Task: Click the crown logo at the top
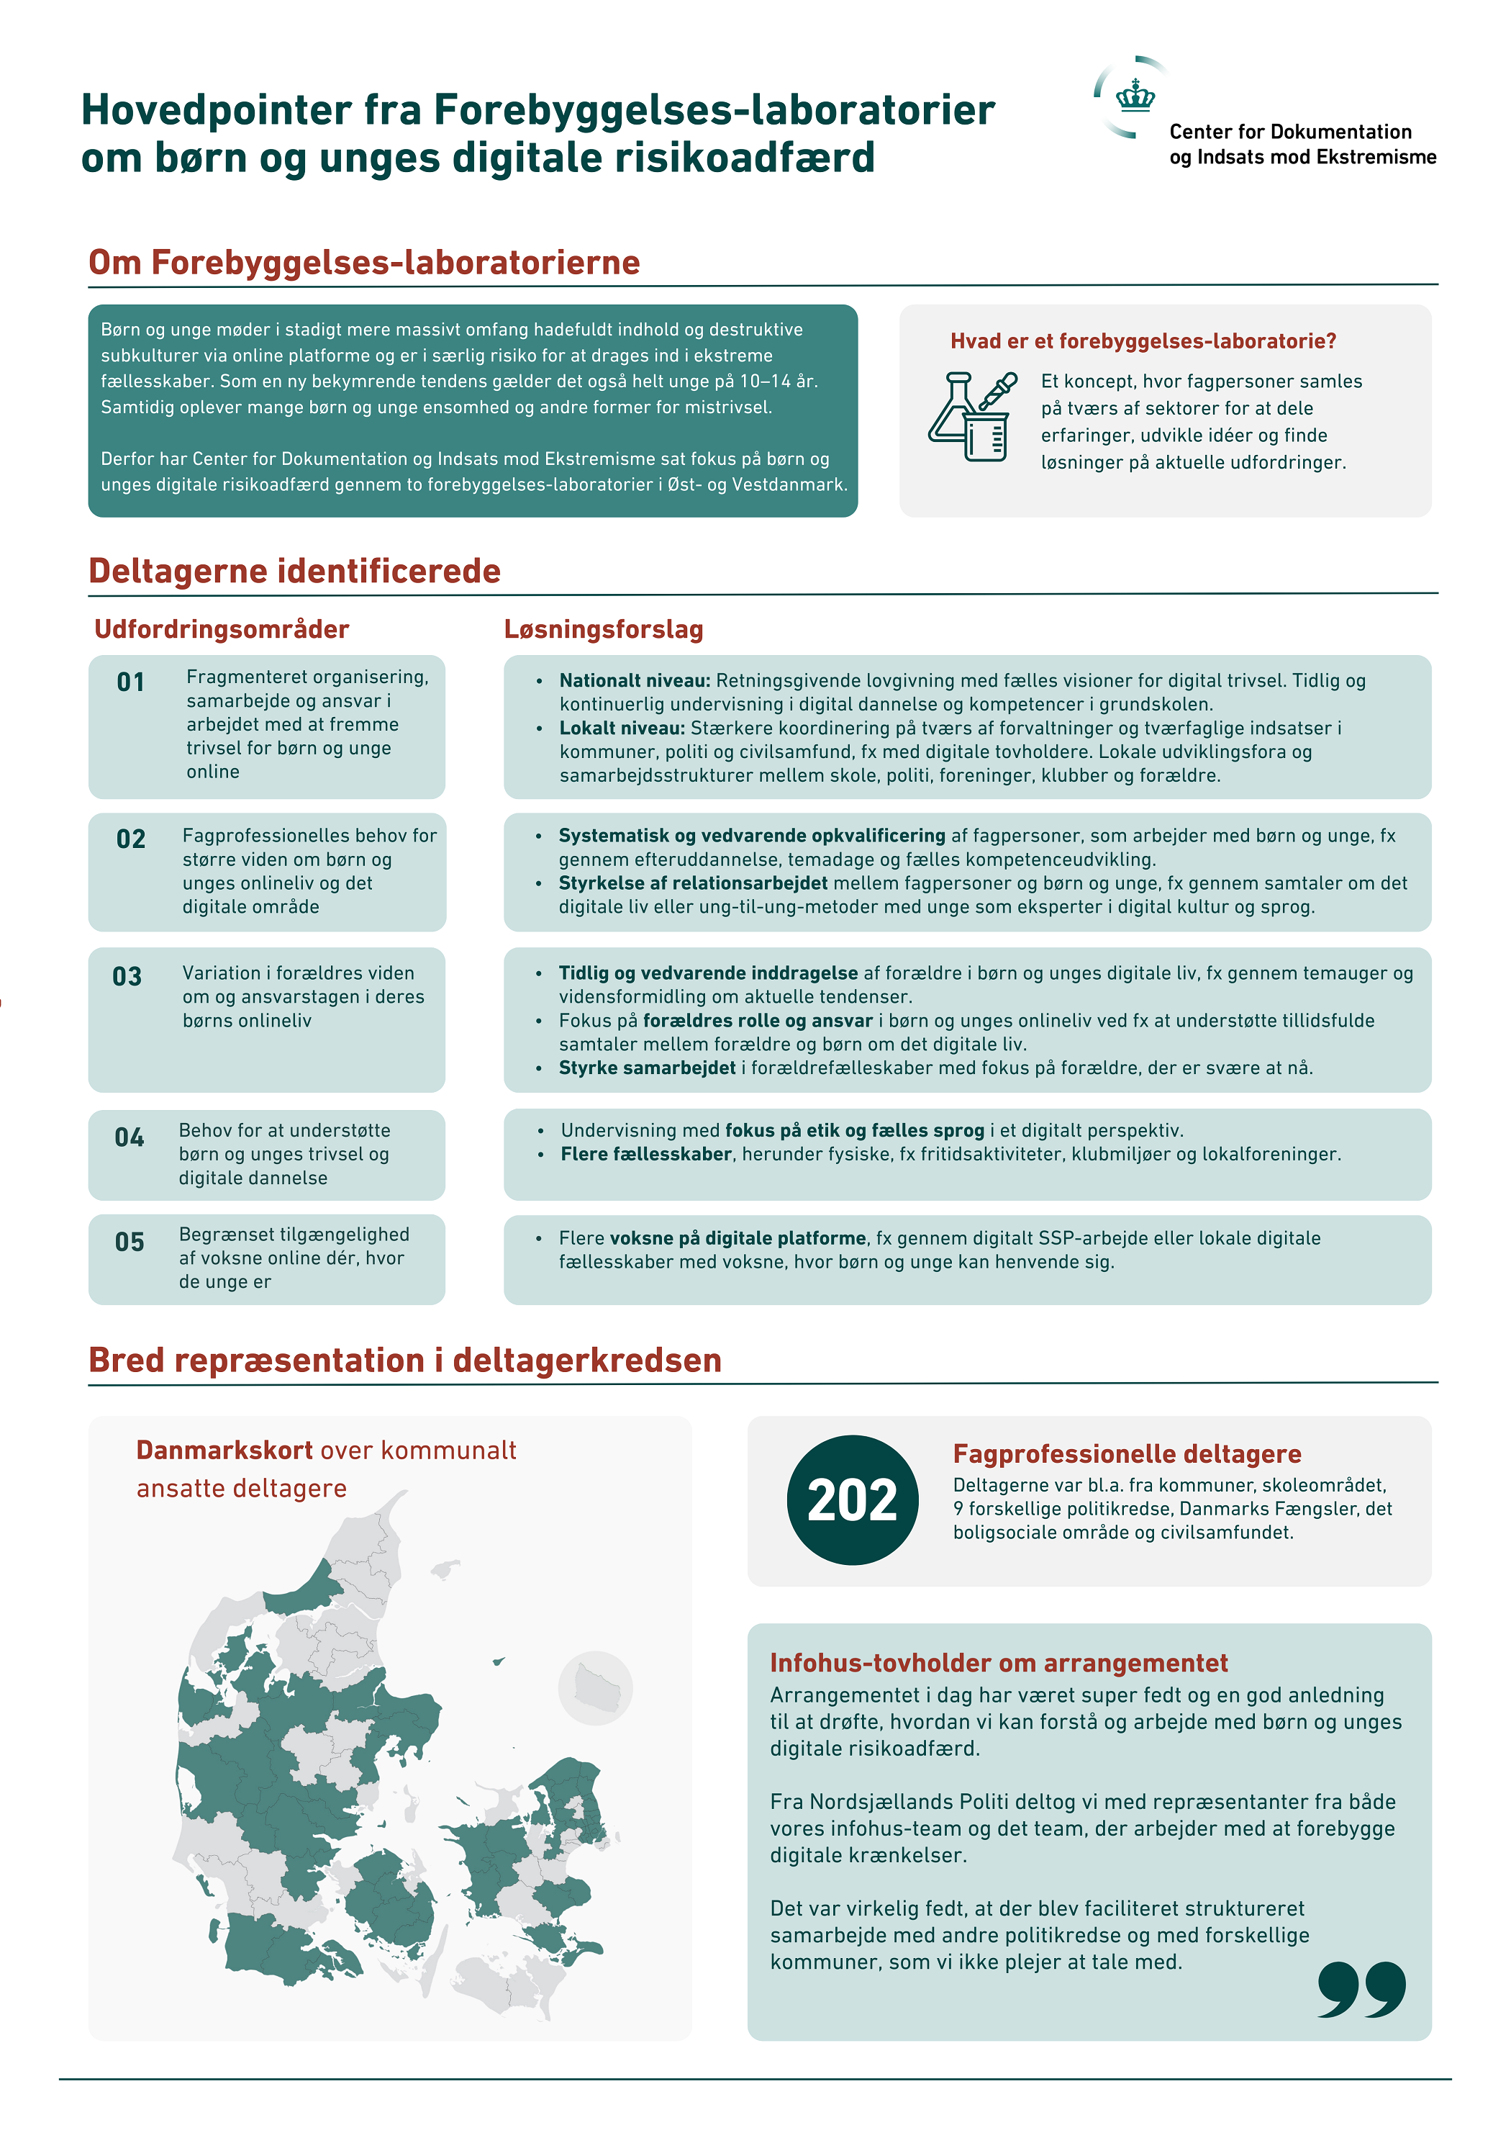point(1135,96)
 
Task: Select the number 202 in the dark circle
point(852,1500)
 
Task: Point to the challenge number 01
point(130,682)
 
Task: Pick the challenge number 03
point(127,977)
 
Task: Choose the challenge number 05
point(130,1242)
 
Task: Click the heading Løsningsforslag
point(603,629)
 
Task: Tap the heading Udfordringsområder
point(222,629)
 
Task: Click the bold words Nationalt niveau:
point(635,681)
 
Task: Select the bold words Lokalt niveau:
point(622,729)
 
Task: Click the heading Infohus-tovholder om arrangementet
point(998,1663)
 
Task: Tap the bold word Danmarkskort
point(224,1450)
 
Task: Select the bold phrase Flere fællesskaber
point(646,1155)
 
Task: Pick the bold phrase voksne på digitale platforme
point(738,1238)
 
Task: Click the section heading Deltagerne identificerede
point(294,571)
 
